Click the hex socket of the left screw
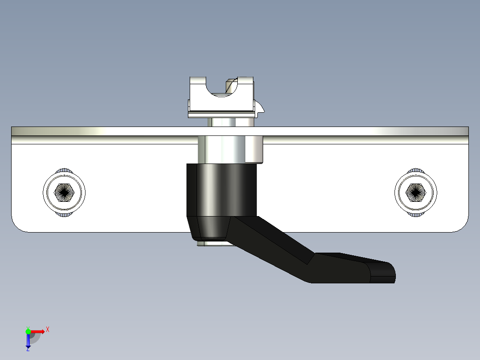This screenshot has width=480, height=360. point(64,192)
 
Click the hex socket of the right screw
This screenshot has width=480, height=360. point(416,192)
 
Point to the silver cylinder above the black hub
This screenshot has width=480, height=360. point(229,150)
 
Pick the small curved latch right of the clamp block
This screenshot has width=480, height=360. point(261,107)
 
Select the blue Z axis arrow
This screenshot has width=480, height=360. point(28,341)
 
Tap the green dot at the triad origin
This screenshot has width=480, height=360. point(28,331)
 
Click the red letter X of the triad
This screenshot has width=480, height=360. point(47,330)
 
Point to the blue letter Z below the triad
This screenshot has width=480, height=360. point(28,349)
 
